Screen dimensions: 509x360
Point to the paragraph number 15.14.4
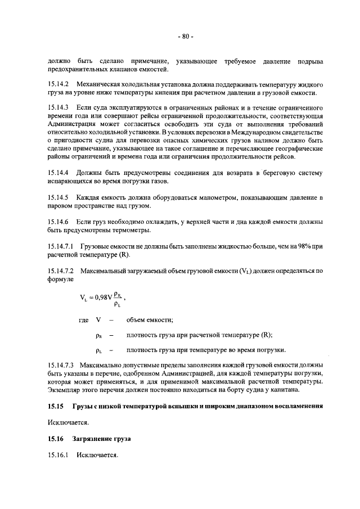click(58, 172)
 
